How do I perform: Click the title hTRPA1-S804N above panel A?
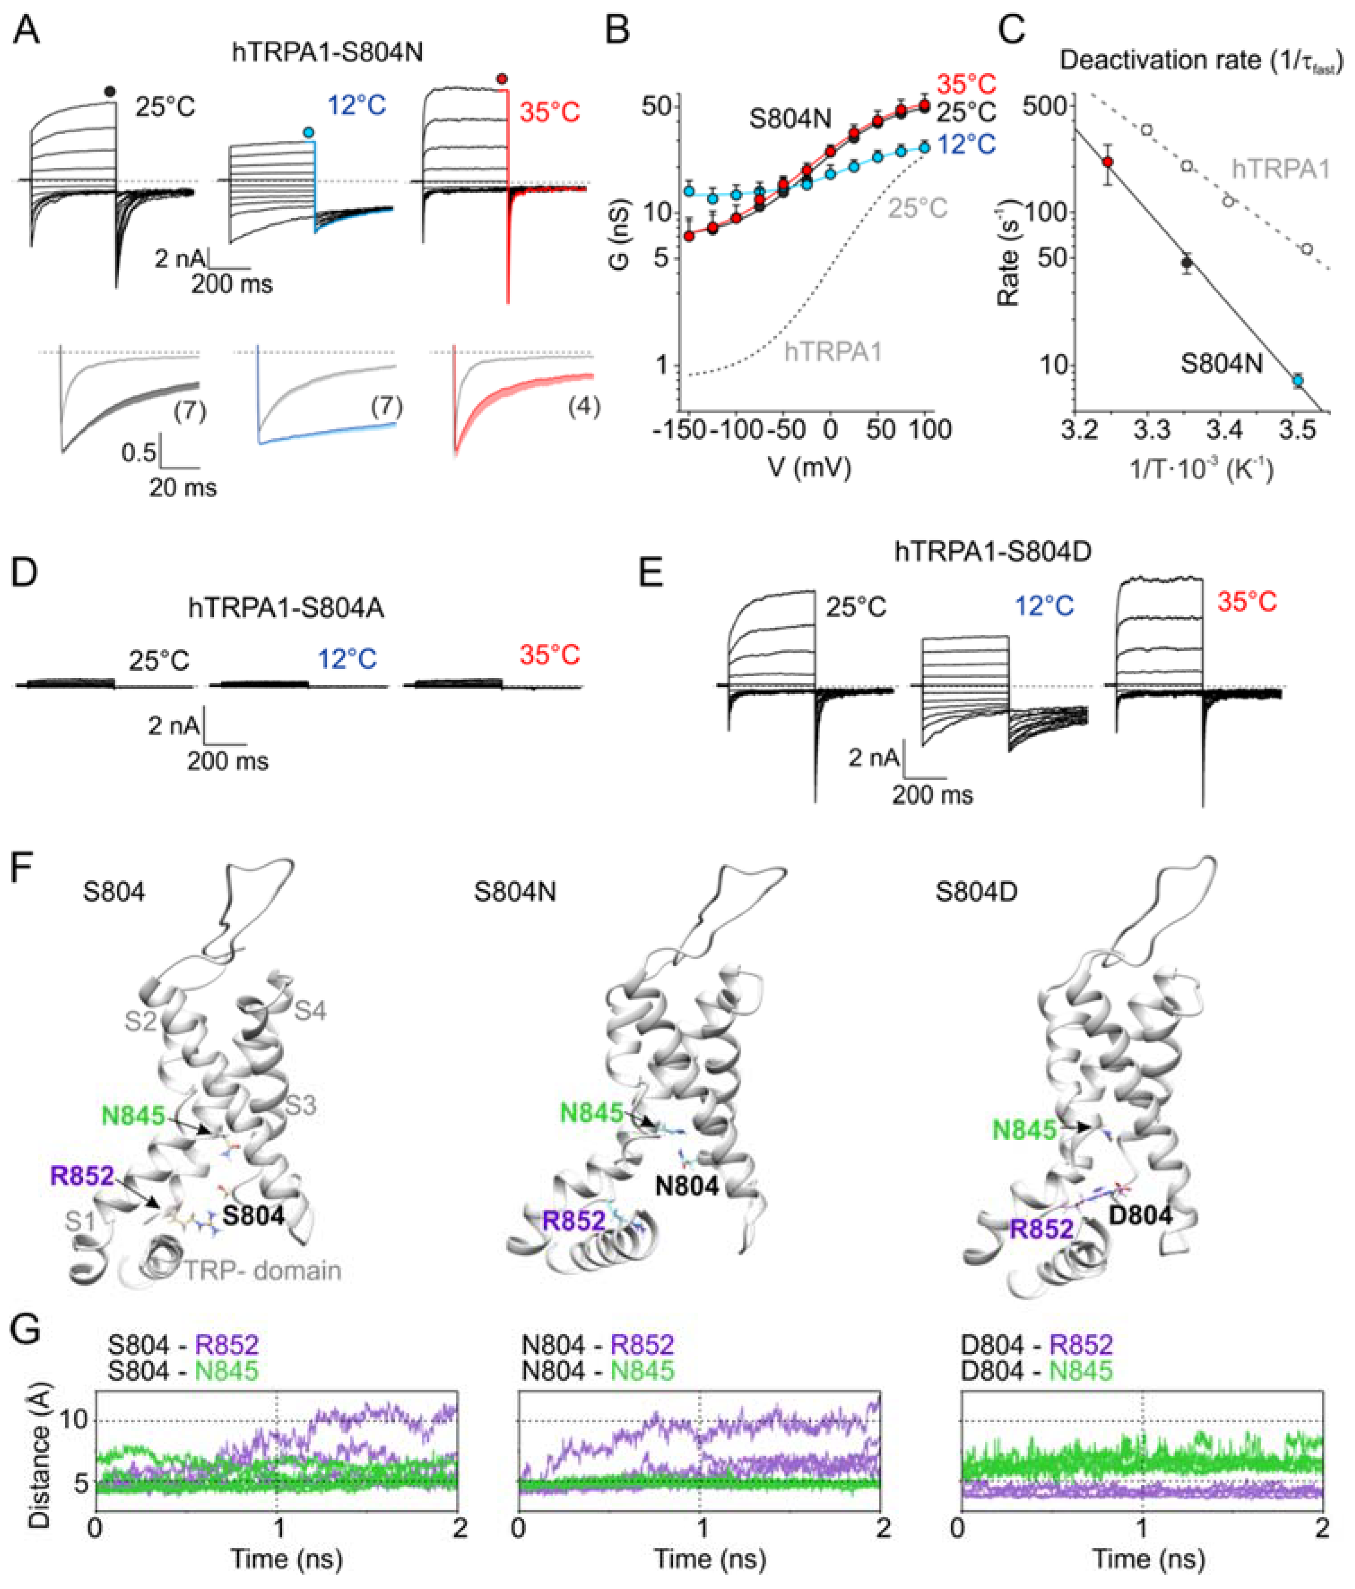[x=328, y=52]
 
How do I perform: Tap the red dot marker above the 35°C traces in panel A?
[x=502, y=78]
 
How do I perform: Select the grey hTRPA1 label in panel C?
[x=1281, y=169]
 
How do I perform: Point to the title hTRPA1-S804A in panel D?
[x=286, y=608]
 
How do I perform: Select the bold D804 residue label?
[x=1141, y=1215]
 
